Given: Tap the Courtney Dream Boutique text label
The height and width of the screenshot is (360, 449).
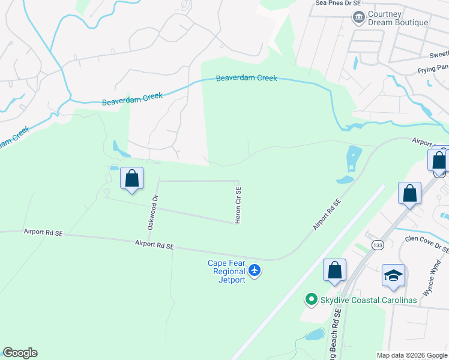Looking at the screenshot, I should point(399,18).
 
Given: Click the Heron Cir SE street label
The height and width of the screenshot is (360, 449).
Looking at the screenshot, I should point(238,205).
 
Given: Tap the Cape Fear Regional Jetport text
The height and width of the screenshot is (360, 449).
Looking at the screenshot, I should point(226,271).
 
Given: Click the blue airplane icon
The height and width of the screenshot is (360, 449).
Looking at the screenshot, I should point(255,271).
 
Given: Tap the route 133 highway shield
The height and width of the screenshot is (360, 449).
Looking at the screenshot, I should point(378,245).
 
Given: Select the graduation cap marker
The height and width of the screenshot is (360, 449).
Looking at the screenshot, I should point(393,275).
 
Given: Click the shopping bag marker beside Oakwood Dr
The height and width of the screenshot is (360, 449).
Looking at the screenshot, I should point(132,178).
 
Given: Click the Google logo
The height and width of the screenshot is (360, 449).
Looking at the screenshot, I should point(20,353).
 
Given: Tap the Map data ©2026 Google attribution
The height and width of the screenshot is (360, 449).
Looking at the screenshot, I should point(412,355).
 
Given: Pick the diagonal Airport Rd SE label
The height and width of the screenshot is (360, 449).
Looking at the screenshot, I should point(327,215).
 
